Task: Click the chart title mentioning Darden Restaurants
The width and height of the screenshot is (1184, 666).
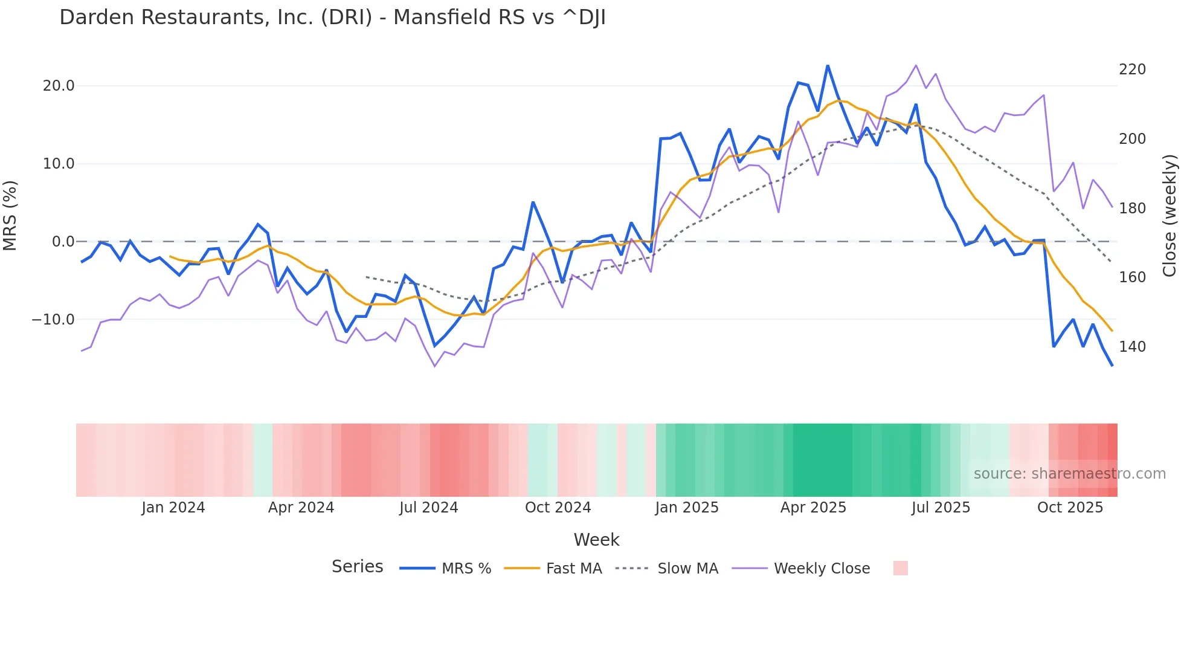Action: (x=332, y=18)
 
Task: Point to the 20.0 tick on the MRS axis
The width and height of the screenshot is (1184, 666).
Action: (x=59, y=86)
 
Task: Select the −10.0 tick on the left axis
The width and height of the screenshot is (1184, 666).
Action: (x=53, y=319)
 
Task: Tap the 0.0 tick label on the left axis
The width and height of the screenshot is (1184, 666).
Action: (x=63, y=242)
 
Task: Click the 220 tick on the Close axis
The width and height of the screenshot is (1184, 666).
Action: (x=1132, y=70)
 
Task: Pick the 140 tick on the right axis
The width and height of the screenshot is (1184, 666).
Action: (x=1132, y=347)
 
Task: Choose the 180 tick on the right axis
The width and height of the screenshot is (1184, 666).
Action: (x=1132, y=209)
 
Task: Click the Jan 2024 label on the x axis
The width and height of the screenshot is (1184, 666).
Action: (x=173, y=508)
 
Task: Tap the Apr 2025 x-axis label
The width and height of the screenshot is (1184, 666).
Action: (x=813, y=508)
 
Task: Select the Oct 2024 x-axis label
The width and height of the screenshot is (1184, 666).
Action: (x=558, y=508)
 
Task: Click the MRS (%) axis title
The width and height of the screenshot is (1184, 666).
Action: (x=10, y=215)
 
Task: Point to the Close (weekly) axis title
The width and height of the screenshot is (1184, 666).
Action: (x=1170, y=215)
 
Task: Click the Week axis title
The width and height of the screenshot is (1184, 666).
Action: (x=596, y=540)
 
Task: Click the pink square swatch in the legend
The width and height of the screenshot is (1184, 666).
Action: (x=900, y=568)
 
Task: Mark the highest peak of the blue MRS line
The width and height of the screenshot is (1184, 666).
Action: (x=828, y=66)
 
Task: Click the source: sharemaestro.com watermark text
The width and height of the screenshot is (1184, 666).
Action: (x=1069, y=474)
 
